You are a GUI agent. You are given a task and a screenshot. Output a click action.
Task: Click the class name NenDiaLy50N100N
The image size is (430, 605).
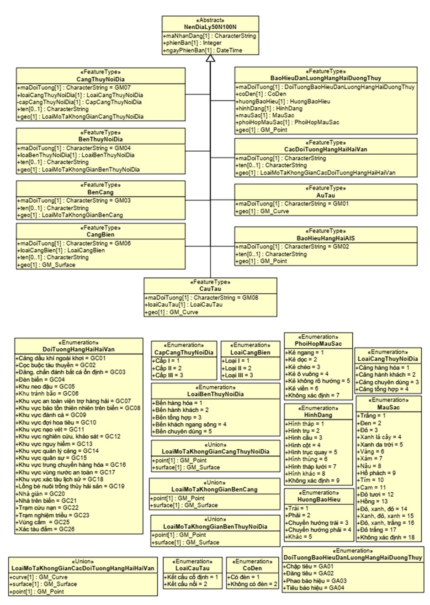[x=210, y=27]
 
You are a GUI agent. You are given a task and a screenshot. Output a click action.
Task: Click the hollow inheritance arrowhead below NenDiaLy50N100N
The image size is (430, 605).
[x=210, y=59]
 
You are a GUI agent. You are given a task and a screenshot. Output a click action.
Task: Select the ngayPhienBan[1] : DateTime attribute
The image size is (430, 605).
[x=203, y=50]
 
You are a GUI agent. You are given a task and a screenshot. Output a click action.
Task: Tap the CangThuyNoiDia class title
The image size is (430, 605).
[x=101, y=79]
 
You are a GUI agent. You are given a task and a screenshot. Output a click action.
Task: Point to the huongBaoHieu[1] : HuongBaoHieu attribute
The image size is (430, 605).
[x=283, y=101]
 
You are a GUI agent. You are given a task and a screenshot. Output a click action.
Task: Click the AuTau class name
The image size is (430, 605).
[x=326, y=195]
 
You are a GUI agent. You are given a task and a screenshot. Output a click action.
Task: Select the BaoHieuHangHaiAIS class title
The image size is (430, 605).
[x=326, y=238]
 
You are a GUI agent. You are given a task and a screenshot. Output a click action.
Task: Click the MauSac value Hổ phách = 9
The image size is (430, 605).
[x=377, y=473]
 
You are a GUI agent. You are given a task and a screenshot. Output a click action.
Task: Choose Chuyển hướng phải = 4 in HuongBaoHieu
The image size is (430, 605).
[x=319, y=530]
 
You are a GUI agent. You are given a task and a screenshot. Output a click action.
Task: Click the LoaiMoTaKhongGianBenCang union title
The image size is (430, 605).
[x=214, y=489]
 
